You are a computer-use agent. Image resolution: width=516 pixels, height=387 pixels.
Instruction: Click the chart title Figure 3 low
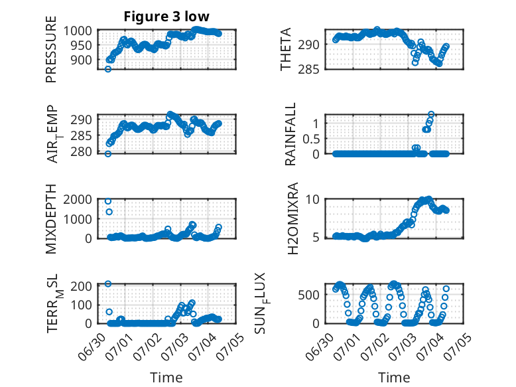(166, 17)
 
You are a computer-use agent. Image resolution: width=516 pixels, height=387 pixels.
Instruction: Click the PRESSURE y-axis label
(51, 49)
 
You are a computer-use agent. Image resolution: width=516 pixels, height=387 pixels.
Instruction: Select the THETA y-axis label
(286, 49)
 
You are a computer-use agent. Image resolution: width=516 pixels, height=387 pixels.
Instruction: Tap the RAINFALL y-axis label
(290, 134)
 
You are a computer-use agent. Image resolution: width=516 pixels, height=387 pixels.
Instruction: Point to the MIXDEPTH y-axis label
(51, 219)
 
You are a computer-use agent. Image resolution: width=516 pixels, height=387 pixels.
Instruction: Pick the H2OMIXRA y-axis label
(292, 218)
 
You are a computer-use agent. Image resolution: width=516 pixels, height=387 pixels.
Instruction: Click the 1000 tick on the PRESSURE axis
(78, 31)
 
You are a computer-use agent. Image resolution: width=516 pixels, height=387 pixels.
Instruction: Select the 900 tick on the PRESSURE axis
(81, 60)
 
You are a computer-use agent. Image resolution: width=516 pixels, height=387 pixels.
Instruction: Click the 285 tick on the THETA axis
(308, 70)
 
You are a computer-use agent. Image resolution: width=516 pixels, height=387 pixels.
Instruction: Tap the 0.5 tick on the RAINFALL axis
(311, 139)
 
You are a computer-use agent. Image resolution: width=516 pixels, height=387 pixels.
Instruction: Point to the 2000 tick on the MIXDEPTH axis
(78, 199)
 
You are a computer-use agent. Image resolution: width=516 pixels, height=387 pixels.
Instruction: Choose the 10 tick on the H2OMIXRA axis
(312, 199)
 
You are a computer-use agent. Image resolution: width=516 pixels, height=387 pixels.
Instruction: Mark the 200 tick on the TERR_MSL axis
(81, 285)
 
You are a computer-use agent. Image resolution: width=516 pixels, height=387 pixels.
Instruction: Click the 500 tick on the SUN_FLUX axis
(308, 295)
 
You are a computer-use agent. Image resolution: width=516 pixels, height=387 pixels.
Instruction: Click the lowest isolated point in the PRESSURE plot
(108, 69)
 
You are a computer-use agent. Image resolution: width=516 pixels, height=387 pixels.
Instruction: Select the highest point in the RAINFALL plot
(431, 114)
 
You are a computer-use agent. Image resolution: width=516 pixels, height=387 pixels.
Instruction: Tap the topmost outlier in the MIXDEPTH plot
(108, 201)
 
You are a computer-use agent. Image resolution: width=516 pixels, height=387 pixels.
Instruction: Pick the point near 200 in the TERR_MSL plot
(108, 283)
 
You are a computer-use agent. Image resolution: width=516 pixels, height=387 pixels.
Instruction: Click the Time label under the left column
(166, 378)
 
